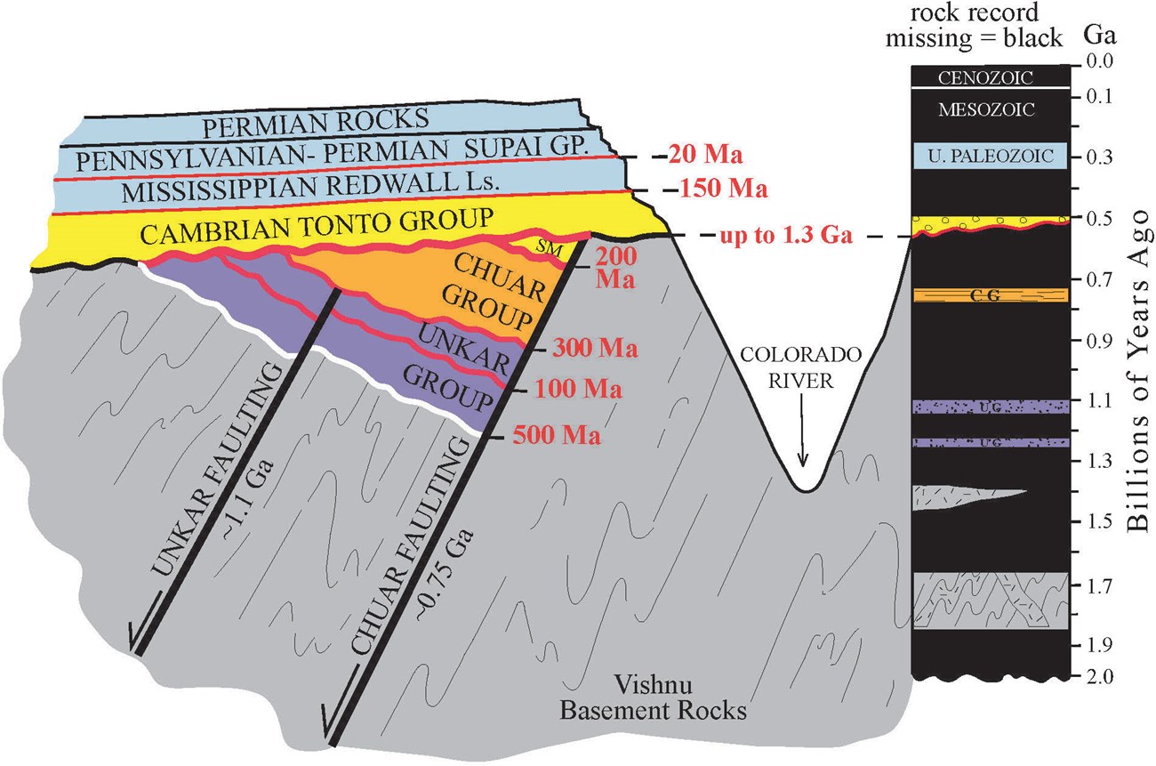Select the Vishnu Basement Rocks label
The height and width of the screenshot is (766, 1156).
(681, 699)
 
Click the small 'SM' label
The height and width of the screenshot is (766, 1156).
(551, 250)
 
